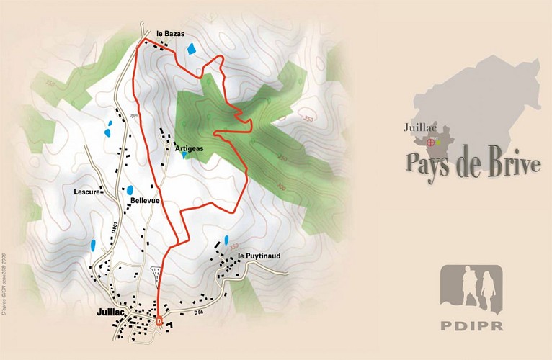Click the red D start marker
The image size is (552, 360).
(159, 322)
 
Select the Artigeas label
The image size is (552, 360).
(190, 148)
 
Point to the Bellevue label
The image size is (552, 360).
(145, 201)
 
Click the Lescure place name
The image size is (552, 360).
(86, 192)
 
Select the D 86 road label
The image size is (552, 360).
(200, 312)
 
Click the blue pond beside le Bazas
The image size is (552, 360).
(191, 49)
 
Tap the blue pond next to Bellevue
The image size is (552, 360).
(130, 190)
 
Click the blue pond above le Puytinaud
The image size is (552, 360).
(226, 240)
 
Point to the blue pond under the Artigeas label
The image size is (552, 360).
(185, 155)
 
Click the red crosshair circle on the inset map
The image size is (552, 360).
(431, 143)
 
